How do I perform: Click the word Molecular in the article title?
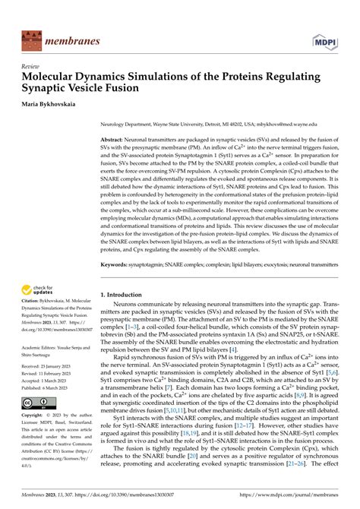coord(51,76)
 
